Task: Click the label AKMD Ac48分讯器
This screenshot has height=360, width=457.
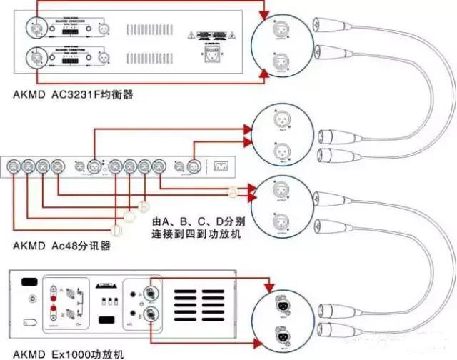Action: pos(66,246)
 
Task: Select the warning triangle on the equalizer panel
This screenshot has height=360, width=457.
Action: pos(191,34)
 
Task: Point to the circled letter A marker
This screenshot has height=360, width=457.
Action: pos(232,191)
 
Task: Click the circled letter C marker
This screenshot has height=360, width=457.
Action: pos(129,216)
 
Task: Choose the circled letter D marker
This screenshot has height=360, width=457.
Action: pos(117,229)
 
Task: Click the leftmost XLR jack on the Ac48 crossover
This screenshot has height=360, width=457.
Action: pos(12,167)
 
